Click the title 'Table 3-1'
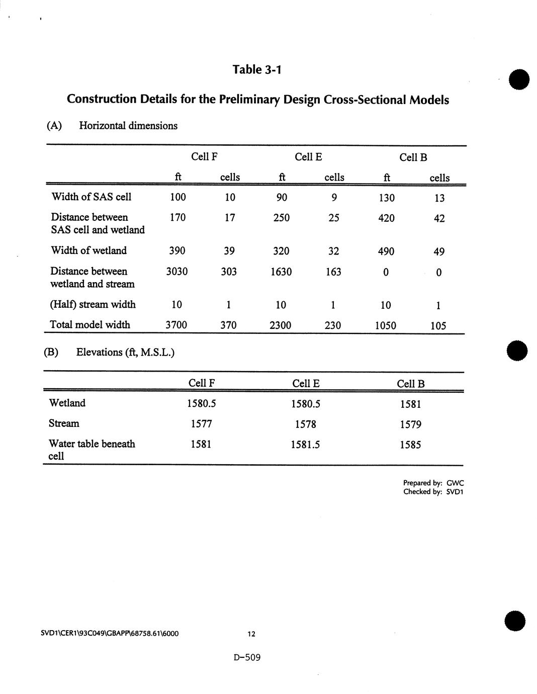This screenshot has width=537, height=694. [x=257, y=69]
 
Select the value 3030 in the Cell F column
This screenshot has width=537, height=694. [x=177, y=272]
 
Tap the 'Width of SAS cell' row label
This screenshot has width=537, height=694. [x=92, y=197]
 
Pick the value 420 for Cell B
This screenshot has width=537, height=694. [x=386, y=218]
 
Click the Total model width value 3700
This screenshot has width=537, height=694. [x=176, y=325]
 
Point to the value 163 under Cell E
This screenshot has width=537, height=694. [x=333, y=272]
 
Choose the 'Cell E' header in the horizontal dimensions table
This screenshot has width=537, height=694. [x=308, y=157]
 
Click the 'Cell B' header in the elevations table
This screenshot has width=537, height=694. [x=411, y=384]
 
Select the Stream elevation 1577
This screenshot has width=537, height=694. [x=201, y=424]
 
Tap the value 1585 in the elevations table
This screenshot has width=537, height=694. [x=410, y=445]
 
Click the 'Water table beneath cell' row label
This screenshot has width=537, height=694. [x=92, y=450]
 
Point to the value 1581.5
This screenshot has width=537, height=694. [x=306, y=445]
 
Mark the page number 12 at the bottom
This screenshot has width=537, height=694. [x=251, y=634]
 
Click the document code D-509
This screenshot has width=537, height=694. [x=247, y=657]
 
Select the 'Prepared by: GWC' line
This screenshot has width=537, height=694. [x=433, y=483]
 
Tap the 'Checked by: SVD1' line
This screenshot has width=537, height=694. [x=433, y=492]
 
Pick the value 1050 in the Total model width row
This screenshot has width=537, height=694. [x=386, y=326]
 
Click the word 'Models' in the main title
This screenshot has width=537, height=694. [x=429, y=100]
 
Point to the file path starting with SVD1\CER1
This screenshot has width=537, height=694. [x=110, y=633]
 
